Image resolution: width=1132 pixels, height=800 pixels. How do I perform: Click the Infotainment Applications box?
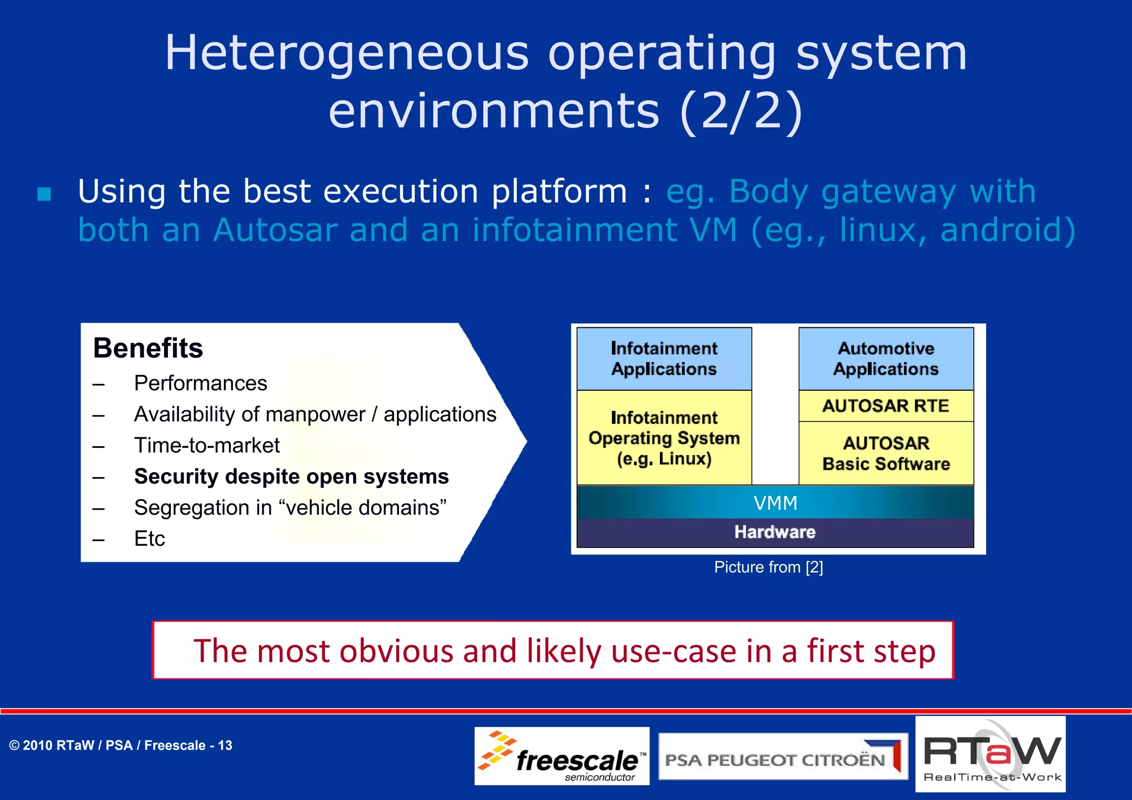[664, 359]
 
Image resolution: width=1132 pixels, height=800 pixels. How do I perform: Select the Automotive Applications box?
[886, 359]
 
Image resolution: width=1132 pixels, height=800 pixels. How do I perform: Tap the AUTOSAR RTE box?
[886, 406]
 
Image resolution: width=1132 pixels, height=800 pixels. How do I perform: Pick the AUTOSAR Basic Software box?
[886, 453]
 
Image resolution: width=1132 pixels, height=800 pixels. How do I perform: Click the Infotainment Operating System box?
[664, 438]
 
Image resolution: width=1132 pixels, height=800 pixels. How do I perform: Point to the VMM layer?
[775, 503]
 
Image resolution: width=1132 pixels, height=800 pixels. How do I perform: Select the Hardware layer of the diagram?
[775, 532]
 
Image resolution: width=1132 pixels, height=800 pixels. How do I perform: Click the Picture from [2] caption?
[768, 567]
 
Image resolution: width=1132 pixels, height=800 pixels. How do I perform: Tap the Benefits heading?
[148, 348]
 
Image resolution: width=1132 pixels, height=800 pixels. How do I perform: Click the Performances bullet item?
[200, 383]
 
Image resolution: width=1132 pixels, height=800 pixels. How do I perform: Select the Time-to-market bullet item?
[207, 445]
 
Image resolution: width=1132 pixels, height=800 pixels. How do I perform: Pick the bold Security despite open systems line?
[291, 477]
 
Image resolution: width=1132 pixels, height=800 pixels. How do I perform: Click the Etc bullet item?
[149, 538]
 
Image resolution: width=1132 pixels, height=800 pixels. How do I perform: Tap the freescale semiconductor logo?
[562, 756]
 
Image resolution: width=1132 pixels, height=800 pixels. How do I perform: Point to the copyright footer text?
[120, 745]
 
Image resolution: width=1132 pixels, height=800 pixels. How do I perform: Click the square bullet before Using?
[44, 194]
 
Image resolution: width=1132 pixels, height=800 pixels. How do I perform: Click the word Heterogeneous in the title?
[347, 53]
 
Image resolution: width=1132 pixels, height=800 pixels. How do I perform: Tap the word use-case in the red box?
[674, 651]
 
